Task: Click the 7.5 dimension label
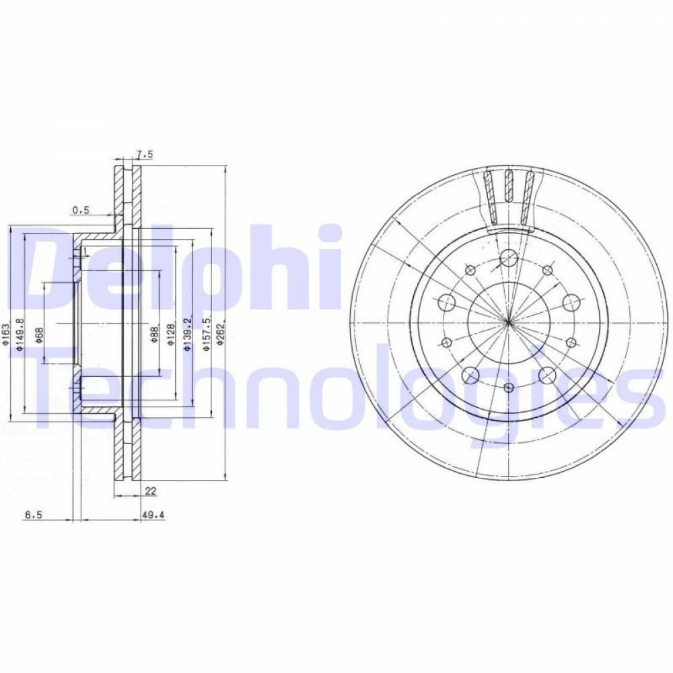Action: (x=145, y=155)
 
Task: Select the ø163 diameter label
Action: (x=5, y=334)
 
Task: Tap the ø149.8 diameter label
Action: (x=19, y=334)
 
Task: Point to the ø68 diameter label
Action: (x=38, y=335)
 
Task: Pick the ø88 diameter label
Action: (x=155, y=334)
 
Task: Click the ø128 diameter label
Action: (x=171, y=334)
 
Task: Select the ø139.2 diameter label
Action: (x=187, y=334)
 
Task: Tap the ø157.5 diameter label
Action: (x=207, y=334)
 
